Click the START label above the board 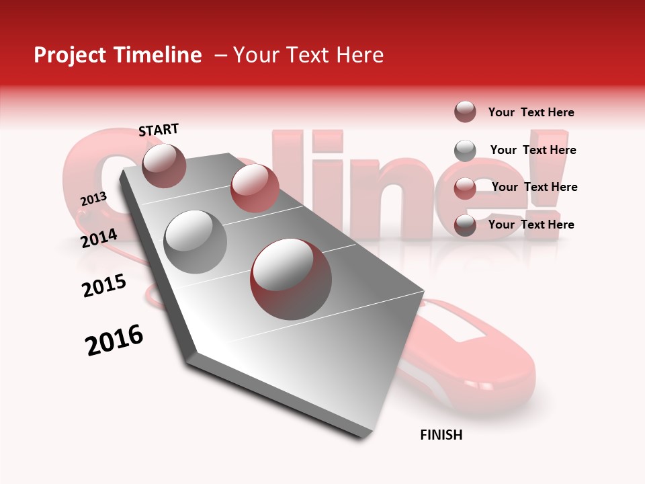click(159, 130)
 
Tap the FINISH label click(441, 435)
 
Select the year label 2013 click(93, 199)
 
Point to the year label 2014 click(99, 238)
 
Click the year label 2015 click(104, 286)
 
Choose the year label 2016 click(114, 340)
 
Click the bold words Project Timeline click(118, 55)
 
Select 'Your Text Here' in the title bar click(308, 55)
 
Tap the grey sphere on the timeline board click(196, 241)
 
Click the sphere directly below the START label click(165, 165)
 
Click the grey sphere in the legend click(465, 151)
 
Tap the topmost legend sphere click(465, 112)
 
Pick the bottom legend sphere click(465, 225)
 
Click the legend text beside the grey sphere click(533, 150)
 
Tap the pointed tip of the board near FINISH click(363, 436)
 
